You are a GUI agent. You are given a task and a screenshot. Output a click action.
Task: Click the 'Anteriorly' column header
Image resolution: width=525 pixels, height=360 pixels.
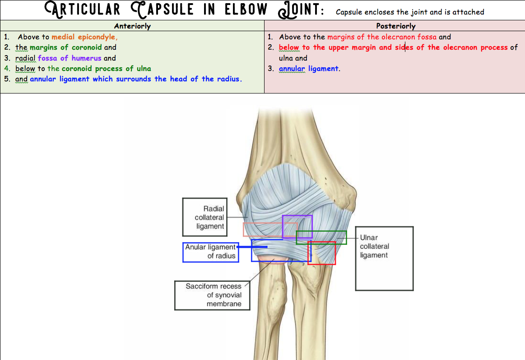click(x=132, y=26)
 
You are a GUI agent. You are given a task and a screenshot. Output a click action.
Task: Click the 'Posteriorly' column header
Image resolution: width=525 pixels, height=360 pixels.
click(x=395, y=26)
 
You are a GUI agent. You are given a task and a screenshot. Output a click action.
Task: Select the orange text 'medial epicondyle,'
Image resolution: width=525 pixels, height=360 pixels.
click(x=84, y=37)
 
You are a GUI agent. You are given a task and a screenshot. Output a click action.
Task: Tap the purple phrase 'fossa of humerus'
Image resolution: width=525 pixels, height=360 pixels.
click(x=70, y=58)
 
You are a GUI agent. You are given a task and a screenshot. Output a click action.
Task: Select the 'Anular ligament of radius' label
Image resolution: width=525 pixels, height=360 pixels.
click(x=210, y=252)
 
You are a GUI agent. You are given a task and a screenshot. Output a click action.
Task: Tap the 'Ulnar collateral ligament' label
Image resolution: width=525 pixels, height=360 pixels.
click(x=374, y=247)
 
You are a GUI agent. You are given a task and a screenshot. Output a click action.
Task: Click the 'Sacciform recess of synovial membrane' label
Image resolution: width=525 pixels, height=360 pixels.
click(x=214, y=295)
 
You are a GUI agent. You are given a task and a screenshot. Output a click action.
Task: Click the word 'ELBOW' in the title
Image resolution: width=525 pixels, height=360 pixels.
click(x=246, y=9)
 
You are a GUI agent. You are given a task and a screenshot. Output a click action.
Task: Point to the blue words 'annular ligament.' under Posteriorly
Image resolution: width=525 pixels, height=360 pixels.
click(x=309, y=69)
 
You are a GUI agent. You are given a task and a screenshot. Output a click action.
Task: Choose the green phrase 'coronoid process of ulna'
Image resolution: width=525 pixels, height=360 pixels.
click(x=106, y=69)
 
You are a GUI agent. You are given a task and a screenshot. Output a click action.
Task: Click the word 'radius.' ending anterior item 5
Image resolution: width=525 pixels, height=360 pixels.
click(x=229, y=79)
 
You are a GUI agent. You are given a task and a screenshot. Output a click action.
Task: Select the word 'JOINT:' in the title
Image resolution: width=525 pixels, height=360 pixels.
click(x=302, y=9)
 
